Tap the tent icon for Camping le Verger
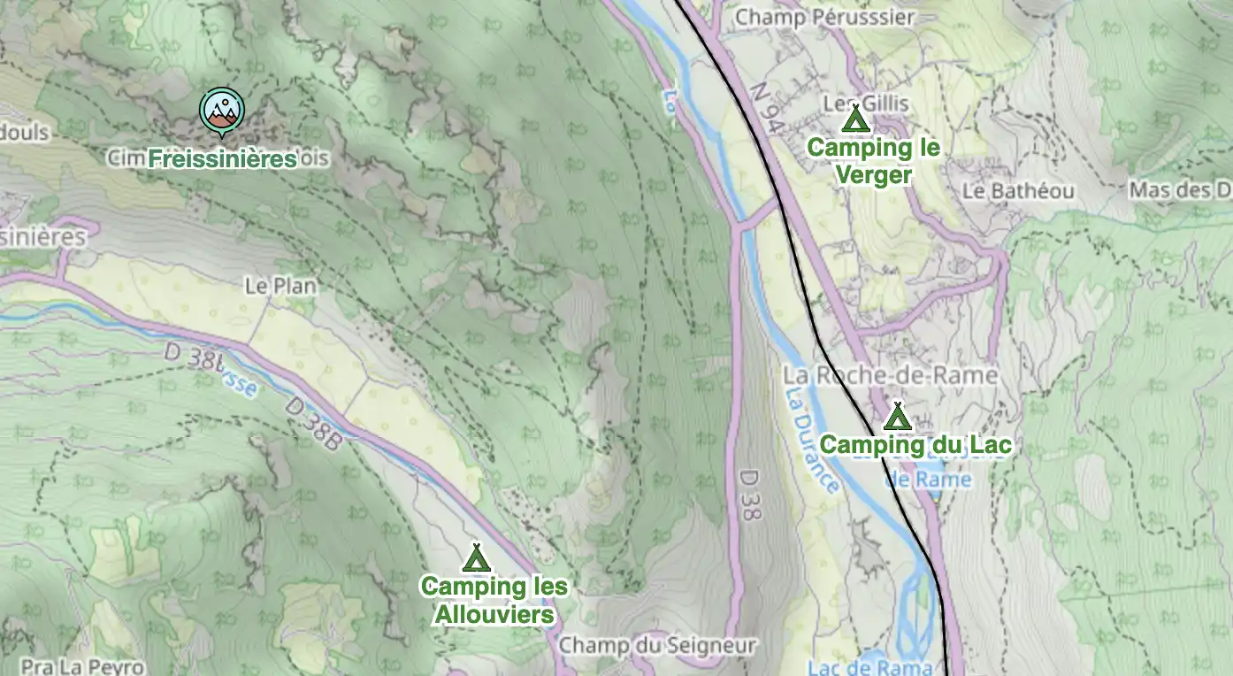(x=854, y=119)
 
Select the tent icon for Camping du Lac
(x=898, y=416)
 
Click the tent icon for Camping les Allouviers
(x=477, y=557)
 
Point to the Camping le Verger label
(x=873, y=161)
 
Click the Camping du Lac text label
(x=915, y=445)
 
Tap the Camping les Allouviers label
(x=494, y=600)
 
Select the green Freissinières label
(x=222, y=159)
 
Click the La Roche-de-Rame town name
(x=890, y=375)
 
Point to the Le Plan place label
(x=280, y=286)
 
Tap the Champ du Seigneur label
(x=657, y=646)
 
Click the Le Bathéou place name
(x=1018, y=191)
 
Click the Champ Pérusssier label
(x=824, y=17)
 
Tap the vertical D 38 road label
(x=747, y=495)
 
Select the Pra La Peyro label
(x=82, y=666)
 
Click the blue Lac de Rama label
(x=869, y=666)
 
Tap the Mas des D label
(x=1180, y=190)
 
